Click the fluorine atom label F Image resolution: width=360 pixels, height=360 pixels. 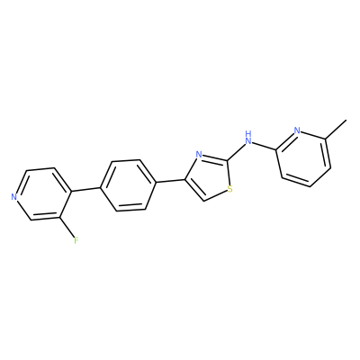pyautogui.click(x=76, y=240)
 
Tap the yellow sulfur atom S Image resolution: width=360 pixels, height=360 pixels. pyautogui.click(x=230, y=189)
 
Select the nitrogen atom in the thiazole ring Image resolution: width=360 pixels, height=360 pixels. pyautogui.click(x=198, y=155)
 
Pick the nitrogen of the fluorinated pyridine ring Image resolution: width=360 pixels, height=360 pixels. pyautogui.click(x=13, y=197)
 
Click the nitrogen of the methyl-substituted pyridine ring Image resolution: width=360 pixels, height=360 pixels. pyautogui.click(x=297, y=130)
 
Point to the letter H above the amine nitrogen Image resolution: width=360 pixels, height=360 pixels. pyautogui.click(x=247, y=133)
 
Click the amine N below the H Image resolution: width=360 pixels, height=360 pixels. pyautogui.click(x=247, y=140)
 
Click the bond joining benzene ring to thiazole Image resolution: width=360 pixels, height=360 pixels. pyautogui.click(x=170, y=181)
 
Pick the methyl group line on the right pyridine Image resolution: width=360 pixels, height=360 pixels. pyautogui.click(x=336, y=130)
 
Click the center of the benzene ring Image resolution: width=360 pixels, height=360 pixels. pyautogui.click(x=128, y=185)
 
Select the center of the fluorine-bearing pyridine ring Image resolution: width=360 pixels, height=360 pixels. pyautogui.click(x=42, y=193)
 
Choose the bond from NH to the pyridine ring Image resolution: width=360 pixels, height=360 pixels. pyautogui.click(x=264, y=146)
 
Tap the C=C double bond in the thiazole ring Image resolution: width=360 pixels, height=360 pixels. pyautogui.click(x=193, y=190)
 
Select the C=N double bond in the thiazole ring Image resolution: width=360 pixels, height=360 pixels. pyautogui.click(x=214, y=157)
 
